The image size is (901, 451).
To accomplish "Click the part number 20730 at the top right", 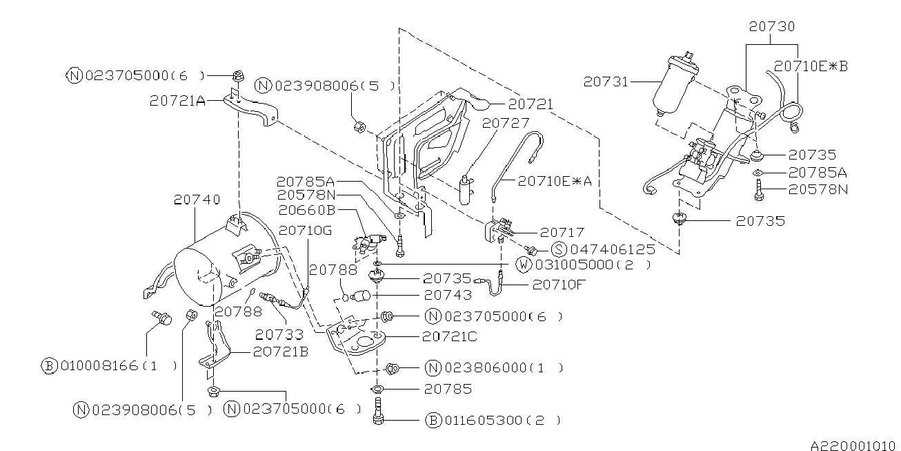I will click(x=772, y=27).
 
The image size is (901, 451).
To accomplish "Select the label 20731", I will click(x=605, y=81).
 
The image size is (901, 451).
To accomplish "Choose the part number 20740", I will click(x=197, y=200).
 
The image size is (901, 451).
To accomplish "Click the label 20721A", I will click(x=177, y=101).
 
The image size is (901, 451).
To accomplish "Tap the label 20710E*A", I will click(x=555, y=181).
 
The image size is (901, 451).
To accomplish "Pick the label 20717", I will click(x=562, y=233).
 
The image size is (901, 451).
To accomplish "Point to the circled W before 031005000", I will click(x=525, y=265).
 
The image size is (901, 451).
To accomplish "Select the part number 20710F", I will click(x=558, y=283).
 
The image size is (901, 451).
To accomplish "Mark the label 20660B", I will click(x=307, y=209).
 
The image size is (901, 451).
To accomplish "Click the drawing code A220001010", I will click(x=853, y=445).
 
